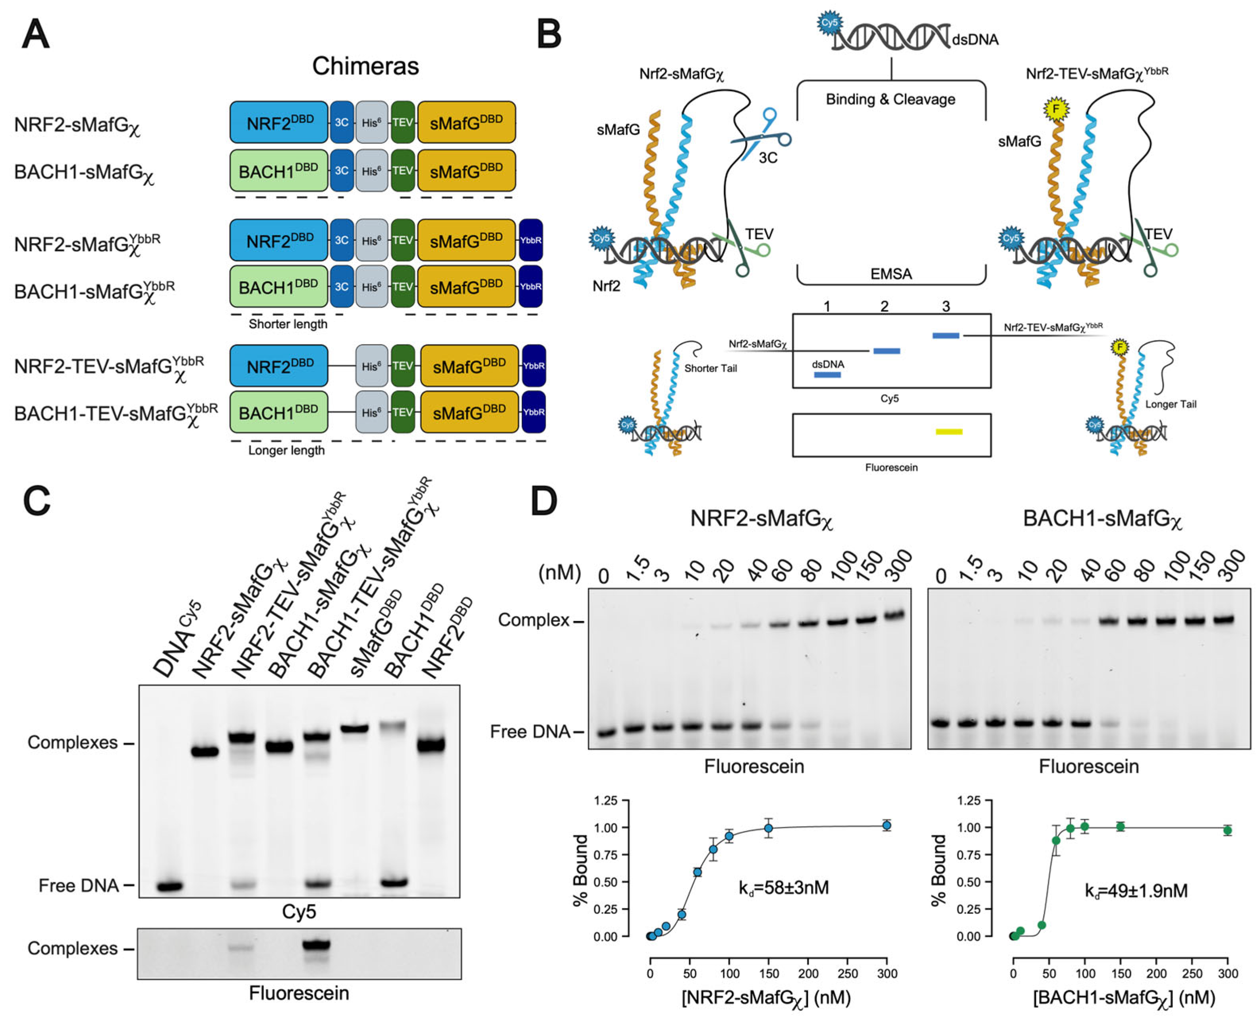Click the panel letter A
[x=35, y=34]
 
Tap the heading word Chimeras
[x=365, y=66]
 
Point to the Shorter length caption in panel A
[x=288, y=324]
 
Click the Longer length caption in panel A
[x=286, y=450]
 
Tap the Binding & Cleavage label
[x=891, y=99]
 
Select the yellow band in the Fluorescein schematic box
[x=949, y=432]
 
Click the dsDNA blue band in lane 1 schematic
[x=827, y=375]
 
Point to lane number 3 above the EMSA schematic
[x=946, y=306]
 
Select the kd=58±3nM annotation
[x=784, y=887]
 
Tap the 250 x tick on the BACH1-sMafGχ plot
[x=1192, y=973]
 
